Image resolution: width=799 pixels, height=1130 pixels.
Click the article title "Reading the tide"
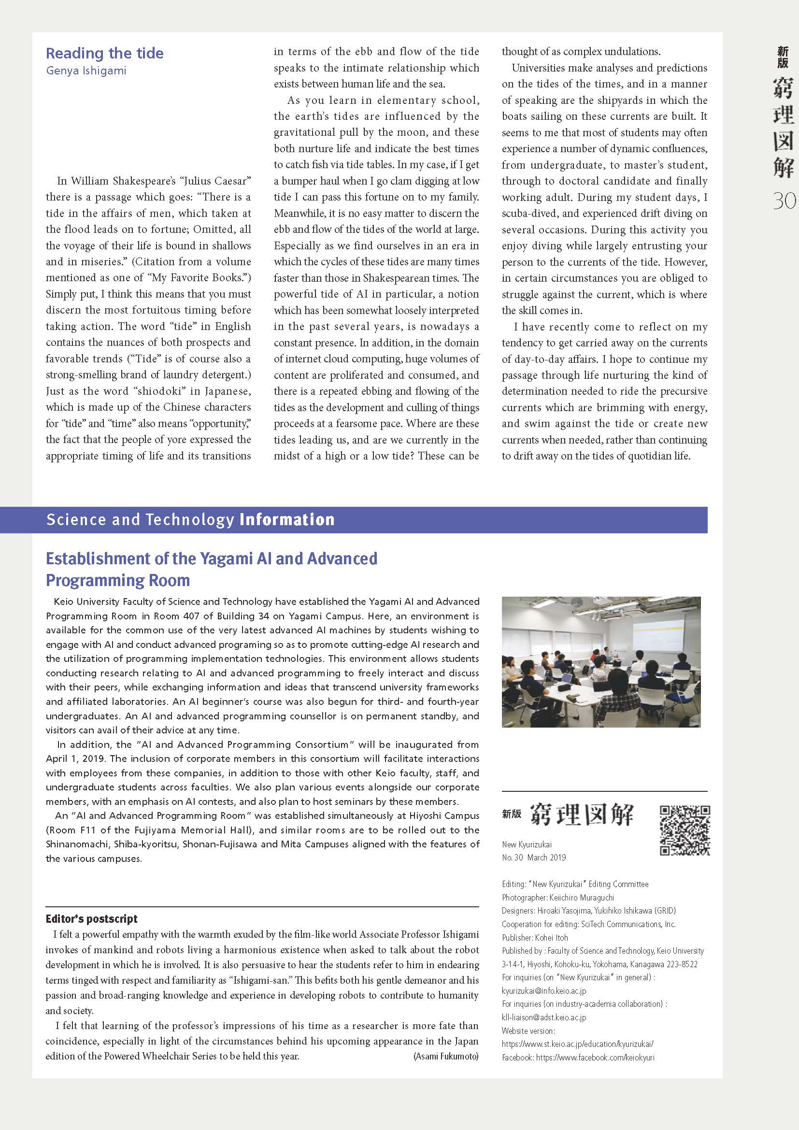[x=104, y=53]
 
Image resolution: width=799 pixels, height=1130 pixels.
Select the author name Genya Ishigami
[x=86, y=71]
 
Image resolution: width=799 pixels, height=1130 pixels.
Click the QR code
[x=685, y=831]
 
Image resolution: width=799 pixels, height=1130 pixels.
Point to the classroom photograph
[x=601, y=661]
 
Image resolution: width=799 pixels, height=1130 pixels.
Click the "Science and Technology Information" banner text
[x=190, y=520]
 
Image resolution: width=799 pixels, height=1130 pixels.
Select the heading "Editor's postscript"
[x=91, y=919]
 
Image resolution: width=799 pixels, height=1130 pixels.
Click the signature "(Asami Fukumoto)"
[x=446, y=1057]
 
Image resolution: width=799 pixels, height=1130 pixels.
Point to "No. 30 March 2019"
[x=534, y=858]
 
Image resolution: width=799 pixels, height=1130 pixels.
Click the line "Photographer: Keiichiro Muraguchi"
[x=558, y=898]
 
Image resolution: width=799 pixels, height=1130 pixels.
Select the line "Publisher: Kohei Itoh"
[x=535, y=938]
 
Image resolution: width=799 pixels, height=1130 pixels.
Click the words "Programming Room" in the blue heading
[x=117, y=580]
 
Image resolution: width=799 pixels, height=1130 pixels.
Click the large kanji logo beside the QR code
[x=582, y=815]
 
